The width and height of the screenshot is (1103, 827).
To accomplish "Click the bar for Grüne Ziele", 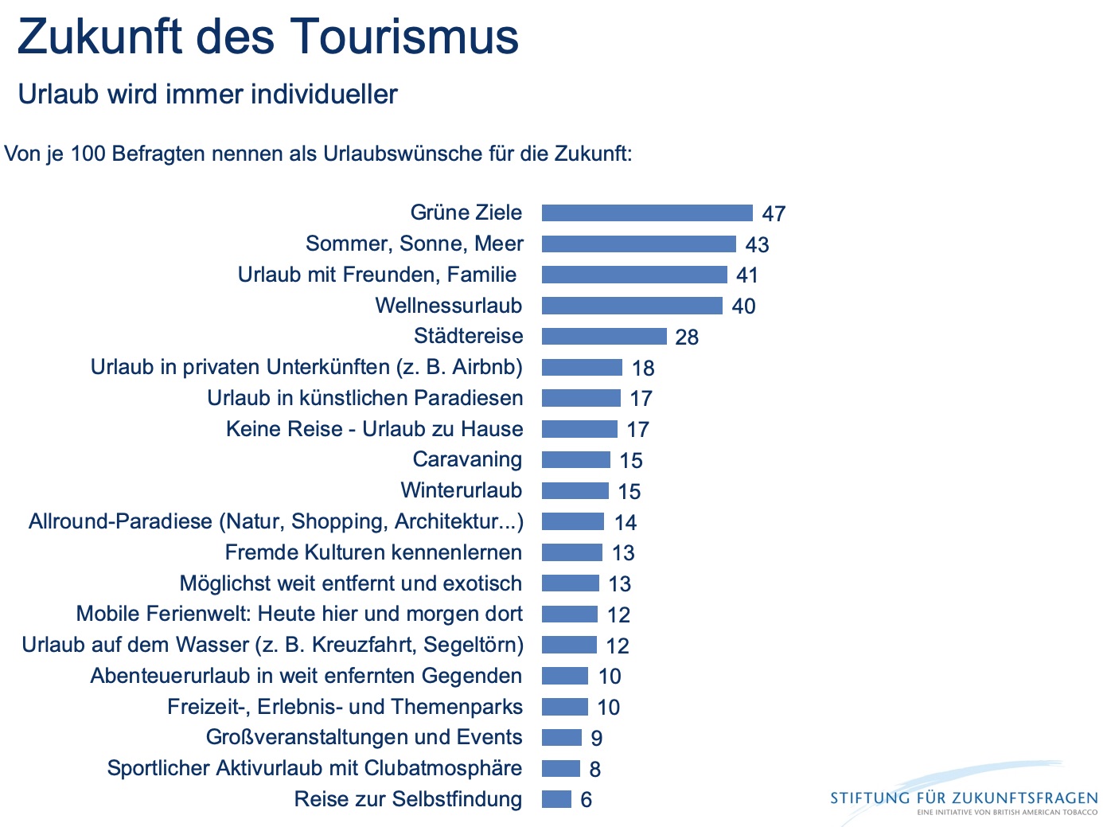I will coord(647,213).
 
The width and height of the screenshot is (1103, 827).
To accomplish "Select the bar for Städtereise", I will coord(604,337).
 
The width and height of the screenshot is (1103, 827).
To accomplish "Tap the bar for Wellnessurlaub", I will coord(632,306).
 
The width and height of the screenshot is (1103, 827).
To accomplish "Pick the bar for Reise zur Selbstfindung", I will coord(556,799).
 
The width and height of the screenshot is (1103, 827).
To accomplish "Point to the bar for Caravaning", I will coord(576,460).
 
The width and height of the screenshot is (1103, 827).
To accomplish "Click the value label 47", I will coord(774,214).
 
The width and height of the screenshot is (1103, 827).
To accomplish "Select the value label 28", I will coord(687,337).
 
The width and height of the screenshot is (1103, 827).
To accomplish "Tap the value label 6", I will coord(587,800).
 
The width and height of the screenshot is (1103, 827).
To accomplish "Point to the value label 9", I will coord(597,739).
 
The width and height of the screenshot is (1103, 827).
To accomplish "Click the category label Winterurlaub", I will coord(462,490).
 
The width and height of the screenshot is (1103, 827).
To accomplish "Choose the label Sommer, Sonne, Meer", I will coord(415,244).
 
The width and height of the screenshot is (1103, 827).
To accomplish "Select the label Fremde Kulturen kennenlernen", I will coord(373,552).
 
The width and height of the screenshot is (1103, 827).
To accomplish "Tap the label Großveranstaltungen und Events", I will coord(364,737).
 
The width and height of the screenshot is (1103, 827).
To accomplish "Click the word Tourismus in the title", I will coord(404,37).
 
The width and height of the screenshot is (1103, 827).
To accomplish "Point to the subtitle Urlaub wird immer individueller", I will coord(208,94).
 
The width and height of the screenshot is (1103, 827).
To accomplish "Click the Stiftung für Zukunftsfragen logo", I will coord(964,798).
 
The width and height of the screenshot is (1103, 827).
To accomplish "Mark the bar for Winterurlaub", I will coord(575,491).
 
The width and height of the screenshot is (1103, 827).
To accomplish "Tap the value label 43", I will coord(757,245).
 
